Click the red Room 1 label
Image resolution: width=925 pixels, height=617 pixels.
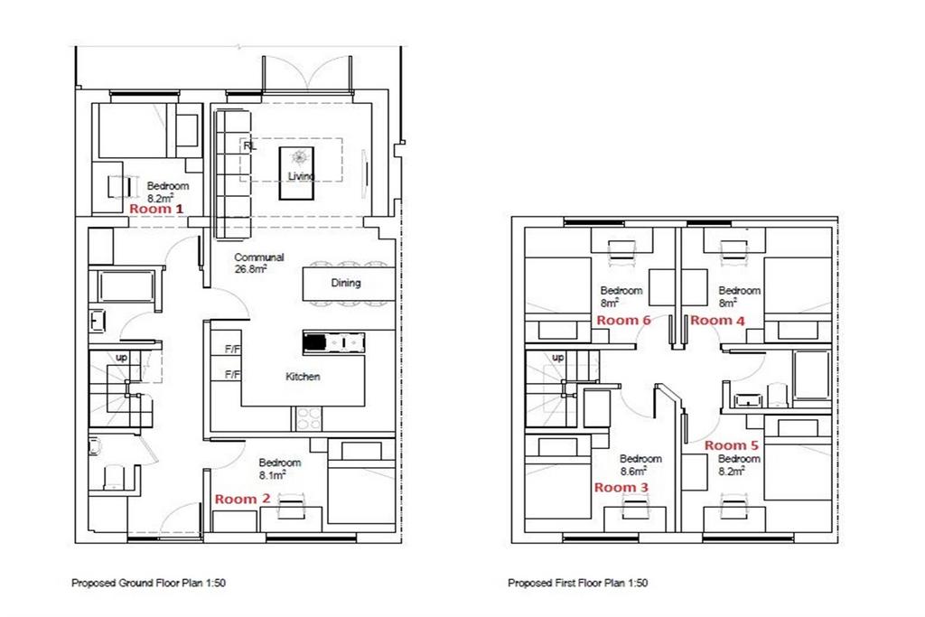tap(156, 209)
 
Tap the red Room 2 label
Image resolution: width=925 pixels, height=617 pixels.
tap(242, 499)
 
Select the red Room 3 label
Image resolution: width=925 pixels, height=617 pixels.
tap(621, 488)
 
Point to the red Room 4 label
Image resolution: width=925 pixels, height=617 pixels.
tap(717, 321)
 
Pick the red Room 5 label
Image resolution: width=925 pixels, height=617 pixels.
tap(732, 445)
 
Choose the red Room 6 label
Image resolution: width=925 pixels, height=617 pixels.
tap(623, 321)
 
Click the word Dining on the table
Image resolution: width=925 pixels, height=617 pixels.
tap(346, 283)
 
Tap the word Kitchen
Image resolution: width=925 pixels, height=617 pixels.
tap(303, 377)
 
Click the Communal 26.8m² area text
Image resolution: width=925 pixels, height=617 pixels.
tap(258, 263)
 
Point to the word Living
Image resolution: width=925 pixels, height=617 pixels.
tap(300, 176)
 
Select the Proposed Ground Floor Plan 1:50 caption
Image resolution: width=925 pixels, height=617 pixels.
tap(148, 583)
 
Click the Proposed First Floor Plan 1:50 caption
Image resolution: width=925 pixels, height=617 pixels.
tap(577, 583)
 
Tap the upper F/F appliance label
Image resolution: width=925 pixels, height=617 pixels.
tap(232, 350)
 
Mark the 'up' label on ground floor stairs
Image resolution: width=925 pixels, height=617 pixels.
tap(121, 358)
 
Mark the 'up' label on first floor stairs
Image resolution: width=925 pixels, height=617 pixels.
tap(557, 358)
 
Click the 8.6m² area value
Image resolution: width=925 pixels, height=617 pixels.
tap(633, 472)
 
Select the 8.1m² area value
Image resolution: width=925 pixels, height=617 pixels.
tap(273, 475)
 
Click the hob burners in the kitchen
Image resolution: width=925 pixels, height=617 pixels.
tap(307, 419)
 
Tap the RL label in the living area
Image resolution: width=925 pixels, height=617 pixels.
tap(250, 145)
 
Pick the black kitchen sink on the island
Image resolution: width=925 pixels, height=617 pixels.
tap(315, 342)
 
